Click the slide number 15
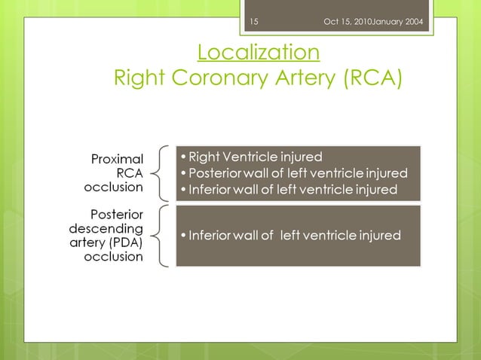point(254,20)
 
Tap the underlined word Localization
point(258,53)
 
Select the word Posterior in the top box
point(215,173)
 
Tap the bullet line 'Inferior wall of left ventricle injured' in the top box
point(293,190)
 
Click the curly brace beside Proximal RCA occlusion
point(160,172)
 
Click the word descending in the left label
point(106,228)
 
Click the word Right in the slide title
point(136,78)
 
